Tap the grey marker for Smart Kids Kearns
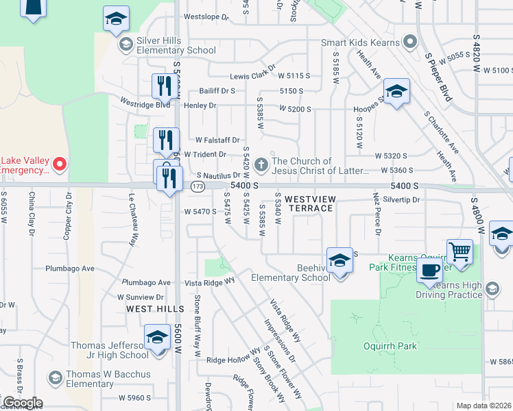[x=410, y=42]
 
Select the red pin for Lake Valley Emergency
[x=59, y=164]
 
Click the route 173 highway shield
[x=198, y=186]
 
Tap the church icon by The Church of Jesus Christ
[x=261, y=165]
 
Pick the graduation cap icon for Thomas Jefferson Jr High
[x=157, y=338]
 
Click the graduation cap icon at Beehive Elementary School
[x=339, y=260]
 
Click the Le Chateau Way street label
[x=132, y=219]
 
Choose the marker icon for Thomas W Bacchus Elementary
[x=55, y=377]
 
